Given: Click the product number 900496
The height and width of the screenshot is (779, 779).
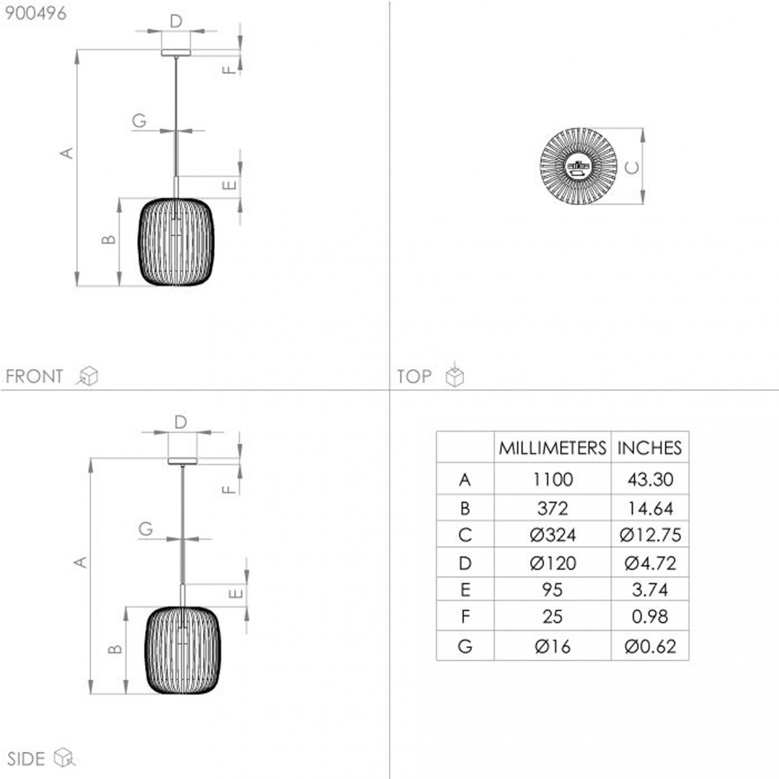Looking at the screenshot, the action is [36, 13].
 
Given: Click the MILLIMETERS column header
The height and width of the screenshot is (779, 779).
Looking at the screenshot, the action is [552, 448].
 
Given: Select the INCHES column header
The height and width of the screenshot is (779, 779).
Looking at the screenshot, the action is [649, 448].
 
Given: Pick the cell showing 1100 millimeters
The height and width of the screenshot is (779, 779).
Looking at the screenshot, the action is [553, 479].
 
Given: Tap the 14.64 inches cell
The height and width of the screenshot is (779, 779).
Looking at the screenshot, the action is [650, 508].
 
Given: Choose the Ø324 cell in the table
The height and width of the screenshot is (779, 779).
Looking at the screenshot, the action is [553, 535].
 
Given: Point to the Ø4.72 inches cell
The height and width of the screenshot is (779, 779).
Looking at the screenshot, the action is [650, 563].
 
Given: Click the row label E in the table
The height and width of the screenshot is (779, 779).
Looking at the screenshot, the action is [465, 590].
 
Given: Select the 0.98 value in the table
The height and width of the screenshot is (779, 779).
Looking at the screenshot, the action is [649, 617].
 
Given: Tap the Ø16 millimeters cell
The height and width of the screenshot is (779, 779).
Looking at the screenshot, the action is [553, 646].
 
